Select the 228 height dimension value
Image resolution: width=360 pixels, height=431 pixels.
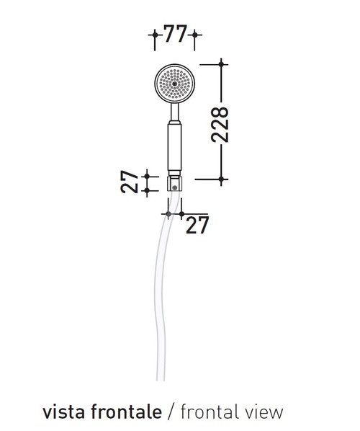(x=222, y=125)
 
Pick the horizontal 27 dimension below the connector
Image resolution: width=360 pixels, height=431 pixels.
(x=196, y=226)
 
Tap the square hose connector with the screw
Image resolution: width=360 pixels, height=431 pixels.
(x=174, y=185)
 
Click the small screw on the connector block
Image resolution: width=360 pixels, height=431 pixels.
(x=174, y=186)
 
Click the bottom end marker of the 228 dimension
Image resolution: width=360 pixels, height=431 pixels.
(x=222, y=177)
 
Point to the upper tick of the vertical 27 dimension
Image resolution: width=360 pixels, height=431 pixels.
(x=147, y=175)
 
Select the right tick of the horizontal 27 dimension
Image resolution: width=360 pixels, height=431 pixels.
(x=182, y=213)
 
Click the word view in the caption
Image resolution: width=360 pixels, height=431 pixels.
(x=265, y=412)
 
